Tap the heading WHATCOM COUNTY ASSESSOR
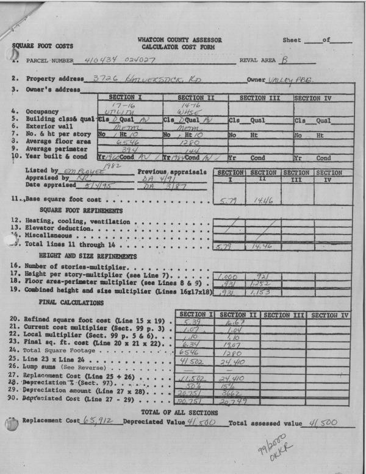pos(181,40)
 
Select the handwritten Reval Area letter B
pos(284,60)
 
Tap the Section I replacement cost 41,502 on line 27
pos(195,378)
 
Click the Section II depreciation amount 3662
pos(235,394)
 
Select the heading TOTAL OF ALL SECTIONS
pos(185,412)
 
